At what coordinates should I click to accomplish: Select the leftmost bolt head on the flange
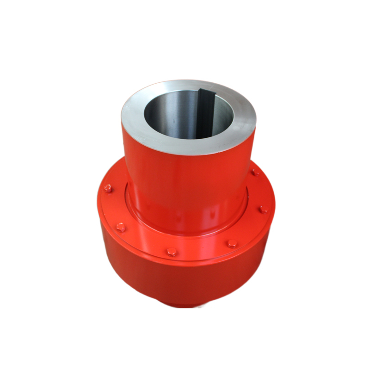tap(108, 188)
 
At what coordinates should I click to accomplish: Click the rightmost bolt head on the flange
tap(264, 209)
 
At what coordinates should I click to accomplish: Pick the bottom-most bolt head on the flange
tap(172, 252)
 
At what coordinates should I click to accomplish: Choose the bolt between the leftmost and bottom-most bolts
tap(121, 227)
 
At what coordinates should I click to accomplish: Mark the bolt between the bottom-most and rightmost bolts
tap(232, 243)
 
